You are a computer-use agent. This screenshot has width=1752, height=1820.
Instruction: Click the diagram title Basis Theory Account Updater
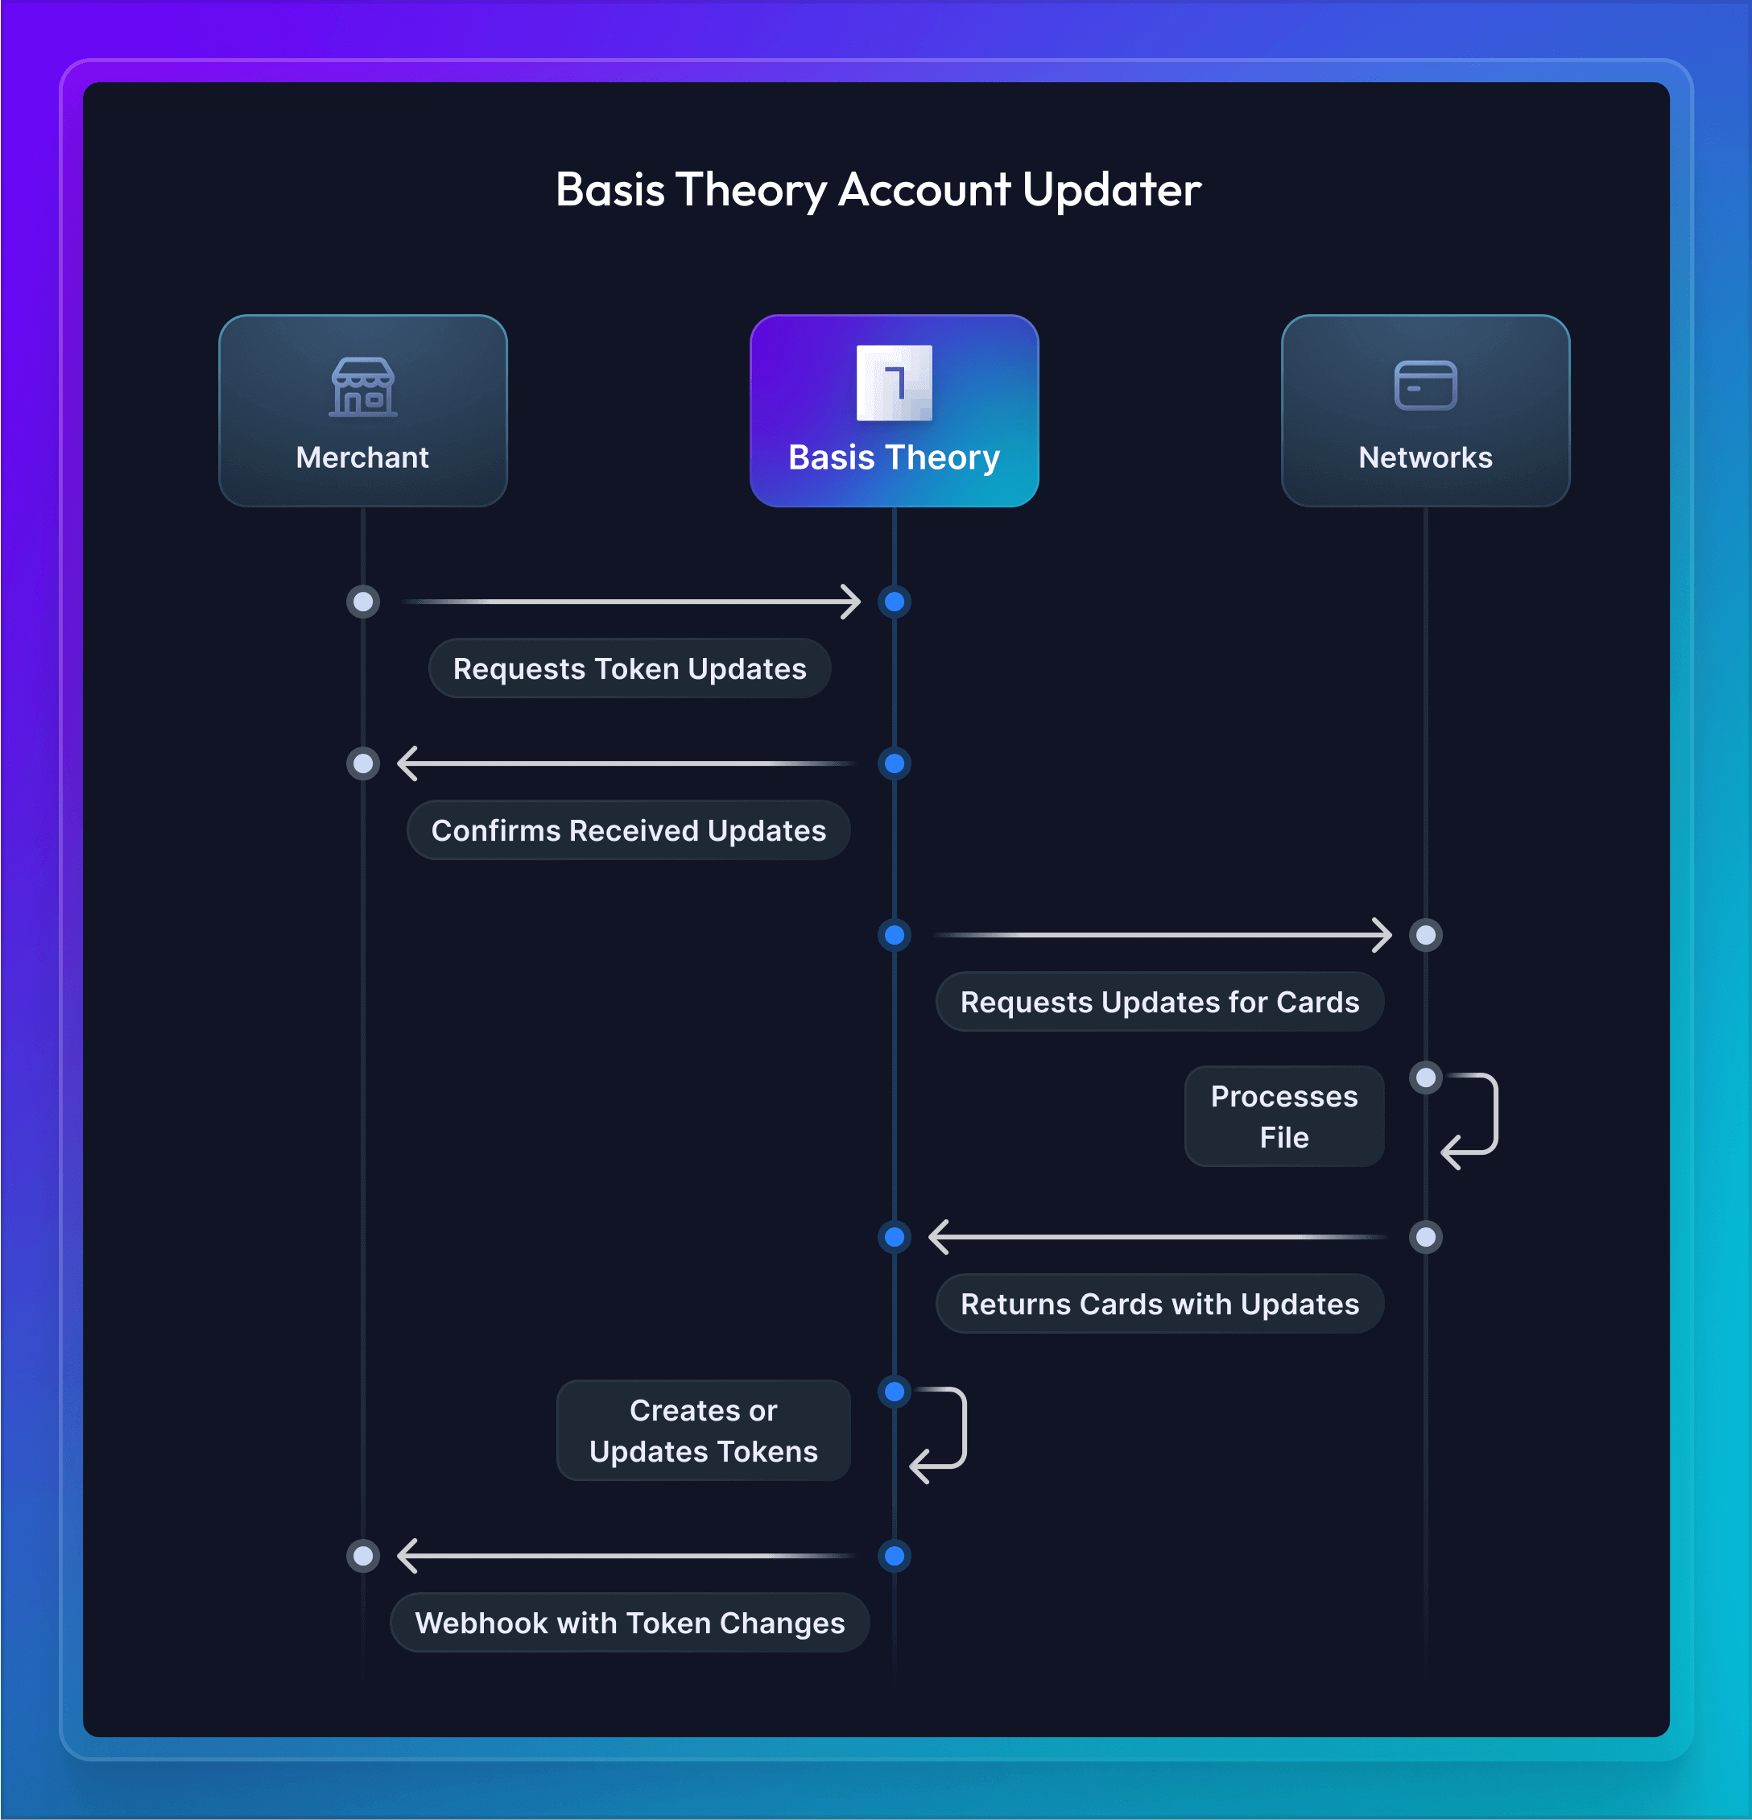pyautogui.click(x=878, y=189)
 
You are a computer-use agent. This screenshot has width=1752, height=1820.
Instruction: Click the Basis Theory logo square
pyautogui.click(x=893, y=383)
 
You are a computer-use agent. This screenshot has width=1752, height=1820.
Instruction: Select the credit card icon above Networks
pyautogui.click(x=1425, y=384)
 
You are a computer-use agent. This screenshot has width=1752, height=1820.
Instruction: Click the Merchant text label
pyautogui.click(x=362, y=457)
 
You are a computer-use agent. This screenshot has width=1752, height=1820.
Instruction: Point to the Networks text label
pyautogui.click(x=1425, y=457)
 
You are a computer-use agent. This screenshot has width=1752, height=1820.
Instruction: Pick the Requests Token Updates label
pyautogui.click(x=630, y=668)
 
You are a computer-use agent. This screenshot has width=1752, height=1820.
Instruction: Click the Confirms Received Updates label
pyautogui.click(x=629, y=830)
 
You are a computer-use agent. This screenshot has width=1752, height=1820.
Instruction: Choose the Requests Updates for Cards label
pyautogui.click(x=1159, y=1002)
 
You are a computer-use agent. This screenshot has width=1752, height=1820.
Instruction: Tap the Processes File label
pyautogui.click(x=1284, y=1116)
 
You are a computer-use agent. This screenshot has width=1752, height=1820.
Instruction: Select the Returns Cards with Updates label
pyautogui.click(x=1159, y=1304)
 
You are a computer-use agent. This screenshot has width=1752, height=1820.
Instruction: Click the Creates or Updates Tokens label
pyautogui.click(x=703, y=1430)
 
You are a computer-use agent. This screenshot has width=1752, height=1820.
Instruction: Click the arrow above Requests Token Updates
pyautogui.click(x=631, y=602)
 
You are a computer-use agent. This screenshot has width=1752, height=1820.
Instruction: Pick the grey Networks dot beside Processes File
pyautogui.click(x=1425, y=1078)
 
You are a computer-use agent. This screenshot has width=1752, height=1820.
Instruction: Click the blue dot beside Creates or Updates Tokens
pyautogui.click(x=894, y=1391)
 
